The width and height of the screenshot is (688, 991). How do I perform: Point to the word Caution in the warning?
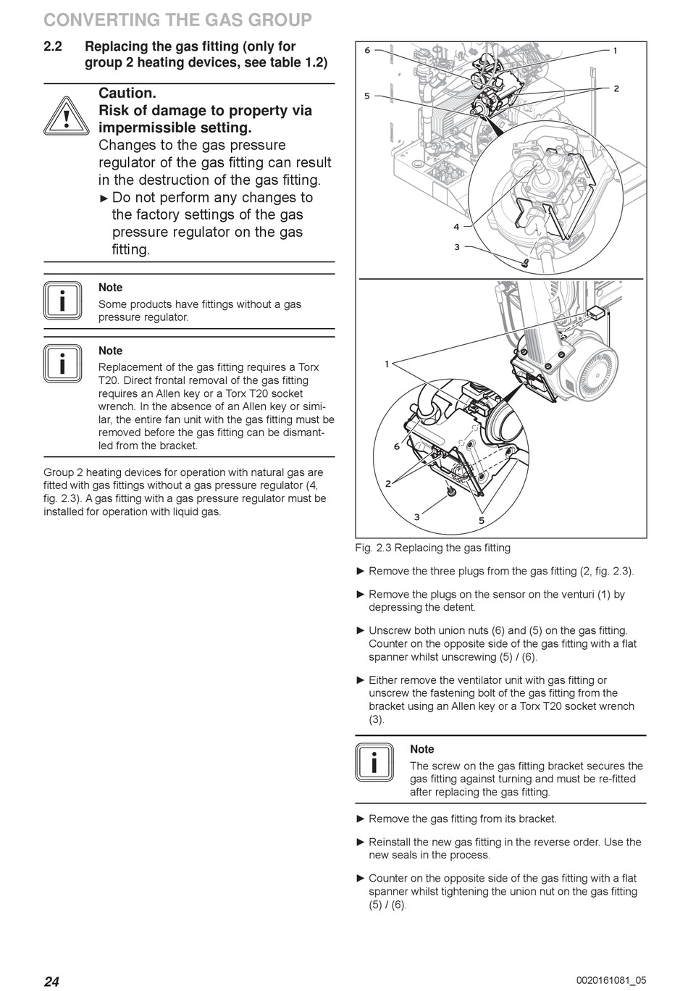tap(127, 93)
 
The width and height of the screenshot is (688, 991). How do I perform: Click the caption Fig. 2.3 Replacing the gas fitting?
tap(432, 548)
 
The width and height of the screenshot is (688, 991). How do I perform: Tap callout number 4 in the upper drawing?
tap(456, 227)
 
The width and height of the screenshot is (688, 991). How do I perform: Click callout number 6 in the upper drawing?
tap(367, 50)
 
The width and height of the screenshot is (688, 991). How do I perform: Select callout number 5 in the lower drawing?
tap(482, 520)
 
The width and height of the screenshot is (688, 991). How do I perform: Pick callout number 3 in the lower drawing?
tap(417, 517)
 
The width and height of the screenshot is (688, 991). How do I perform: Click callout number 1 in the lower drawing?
tap(387, 364)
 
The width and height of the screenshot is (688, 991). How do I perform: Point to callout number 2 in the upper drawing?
tap(616, 88)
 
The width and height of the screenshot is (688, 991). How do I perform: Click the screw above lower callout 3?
tap(450, 493)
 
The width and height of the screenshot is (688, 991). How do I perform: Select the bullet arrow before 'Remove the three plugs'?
tap(361, 571)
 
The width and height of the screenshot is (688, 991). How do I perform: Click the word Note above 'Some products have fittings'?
tap(111, 288)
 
